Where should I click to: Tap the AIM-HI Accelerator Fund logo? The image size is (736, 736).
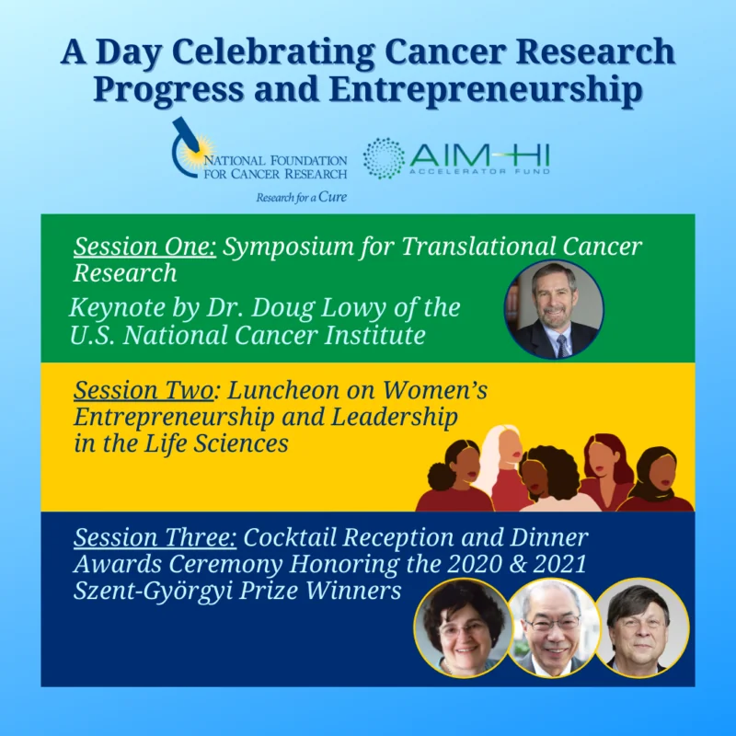pyautogui.click(x=458, y=157)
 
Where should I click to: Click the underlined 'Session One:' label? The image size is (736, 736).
pyautogui.click(x=144, y=247)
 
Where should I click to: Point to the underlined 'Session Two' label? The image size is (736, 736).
pyautogui.click(x=144, y=391)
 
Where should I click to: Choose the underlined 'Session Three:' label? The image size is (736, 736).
pyautogui.click(x=152, y=536)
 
